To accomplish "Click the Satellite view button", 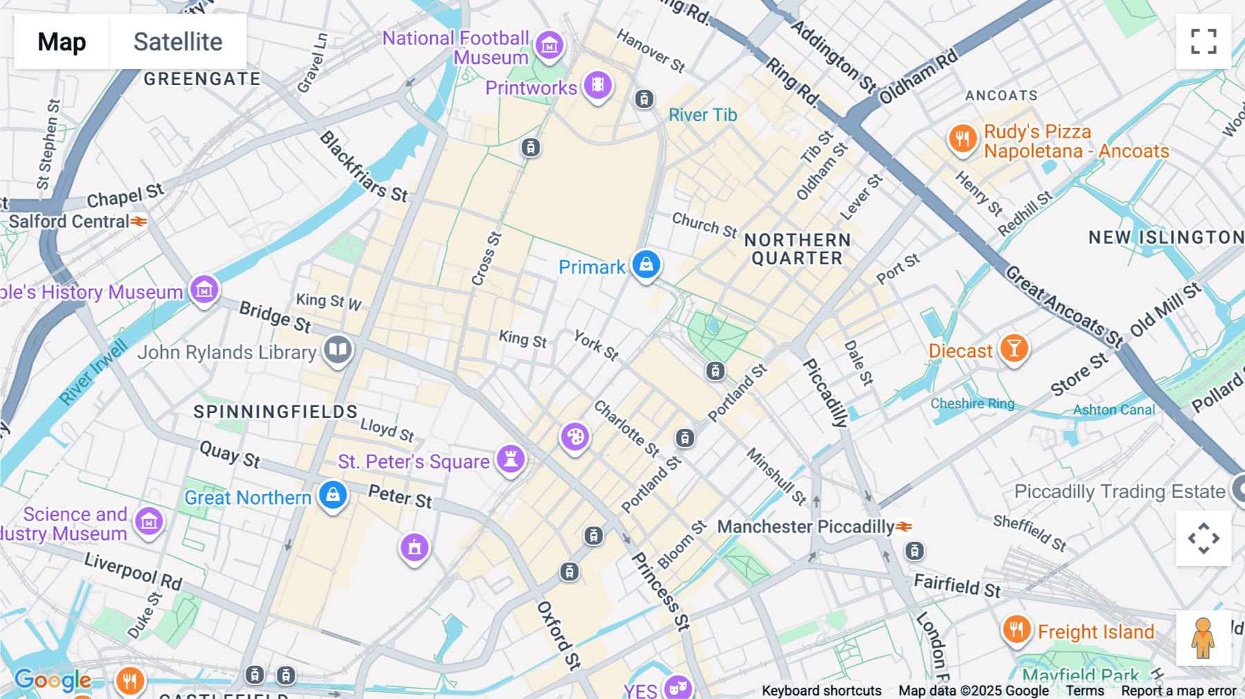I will (178, 42).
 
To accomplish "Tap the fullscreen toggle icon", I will (1203, 42).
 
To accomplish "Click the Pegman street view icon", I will (1203, 638).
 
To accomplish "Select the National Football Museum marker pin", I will (550, 46).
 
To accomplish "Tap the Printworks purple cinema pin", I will (598, 86).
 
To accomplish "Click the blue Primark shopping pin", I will (646, 265).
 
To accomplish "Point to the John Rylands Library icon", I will (338, 350).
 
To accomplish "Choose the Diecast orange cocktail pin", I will (1014, 349).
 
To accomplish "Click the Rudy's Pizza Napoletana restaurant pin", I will (962, 139).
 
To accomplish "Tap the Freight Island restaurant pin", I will (1016, 630).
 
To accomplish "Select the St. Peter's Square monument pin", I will (510, 460).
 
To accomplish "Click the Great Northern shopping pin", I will (333, 496).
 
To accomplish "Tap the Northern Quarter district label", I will (797, 249).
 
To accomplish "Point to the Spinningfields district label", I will (275, 412).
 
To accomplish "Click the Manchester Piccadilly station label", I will (805, 527).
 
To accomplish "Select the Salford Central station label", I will (69, 221).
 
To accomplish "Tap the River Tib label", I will (703, 115).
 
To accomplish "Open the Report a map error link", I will (1178, 691).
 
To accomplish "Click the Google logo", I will (53, 680).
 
